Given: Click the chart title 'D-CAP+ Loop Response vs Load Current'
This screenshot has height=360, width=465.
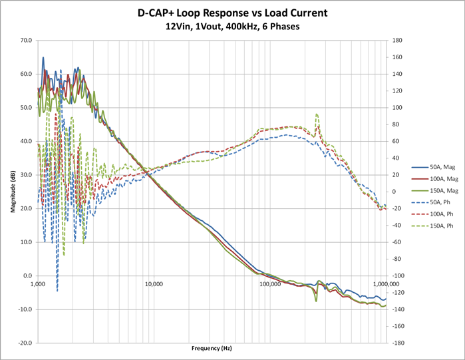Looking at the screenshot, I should point(232,13).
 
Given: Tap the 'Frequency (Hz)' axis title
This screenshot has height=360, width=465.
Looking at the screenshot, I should point(212,348).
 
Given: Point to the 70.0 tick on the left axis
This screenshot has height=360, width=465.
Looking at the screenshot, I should point(26,40).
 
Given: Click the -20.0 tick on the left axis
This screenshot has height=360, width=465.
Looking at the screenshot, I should point(25,343).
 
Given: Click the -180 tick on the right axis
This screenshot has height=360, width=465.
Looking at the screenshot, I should point(398,343).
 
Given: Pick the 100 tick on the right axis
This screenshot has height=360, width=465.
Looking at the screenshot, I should point(397,107).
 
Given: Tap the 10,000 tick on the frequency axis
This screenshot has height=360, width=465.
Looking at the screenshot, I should point(154,282).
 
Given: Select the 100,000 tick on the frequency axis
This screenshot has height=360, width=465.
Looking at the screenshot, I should point(270,282).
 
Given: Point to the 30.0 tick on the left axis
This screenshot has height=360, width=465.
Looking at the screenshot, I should point(26,175).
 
